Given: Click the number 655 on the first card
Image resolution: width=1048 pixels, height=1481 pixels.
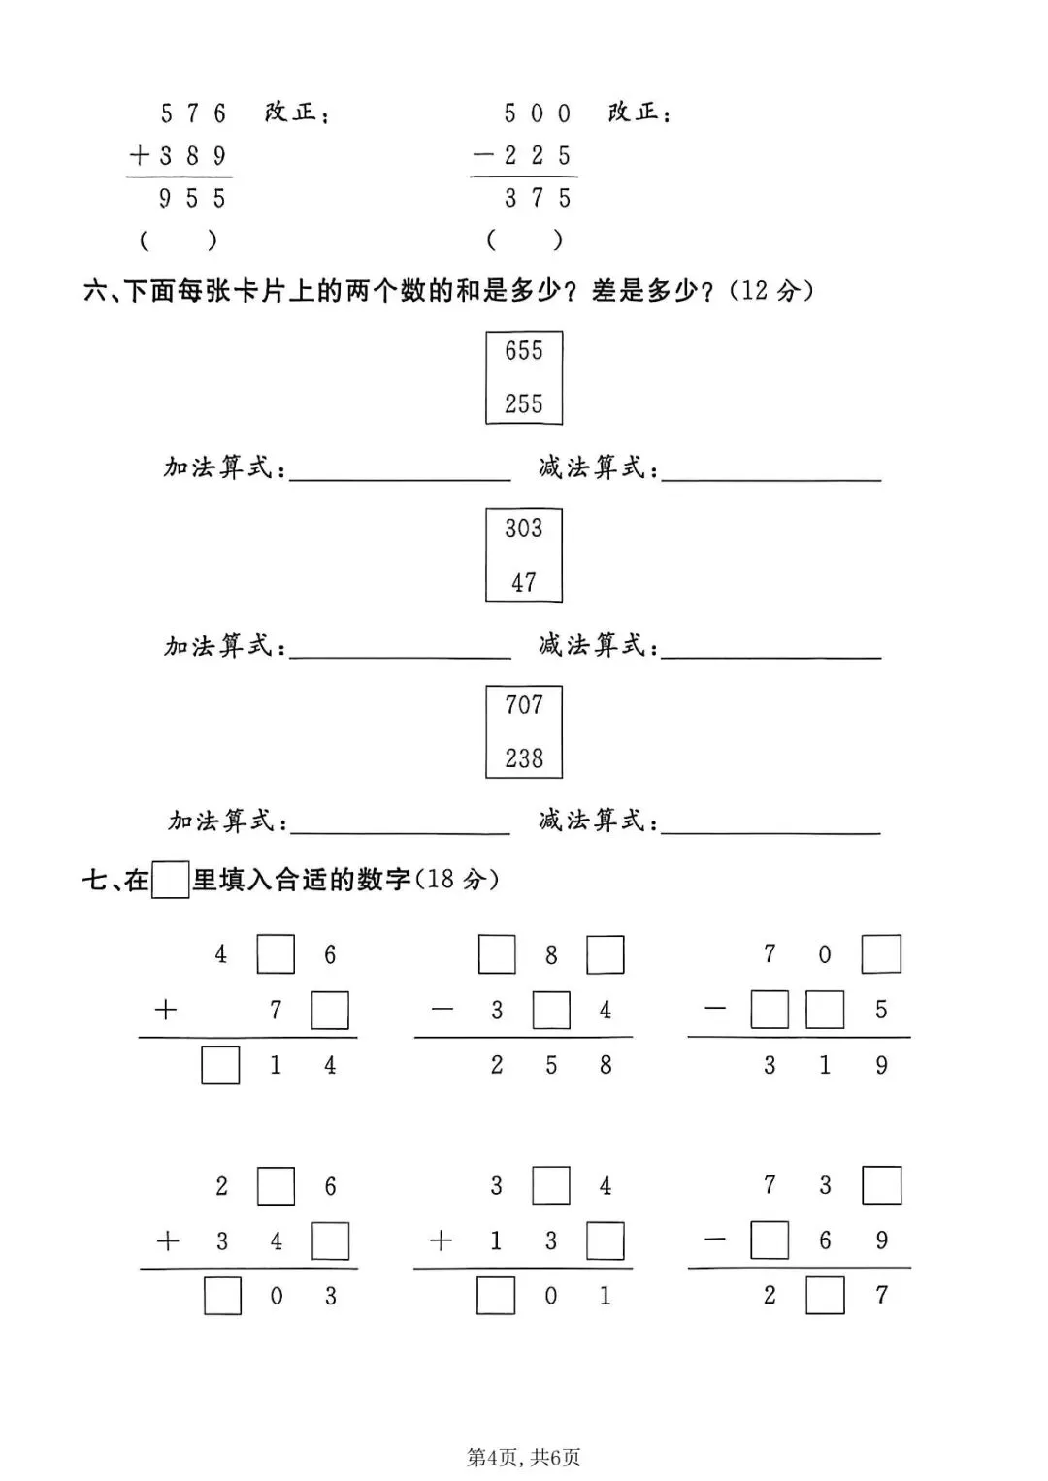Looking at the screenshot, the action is click(x=524, y=351).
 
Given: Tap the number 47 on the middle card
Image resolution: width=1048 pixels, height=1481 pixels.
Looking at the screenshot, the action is click(x=524, y=582).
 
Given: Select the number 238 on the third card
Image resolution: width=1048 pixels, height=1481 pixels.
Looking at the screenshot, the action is click(x=524, y=758).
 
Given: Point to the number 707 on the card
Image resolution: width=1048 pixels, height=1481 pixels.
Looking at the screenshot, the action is click(x=524, y=705).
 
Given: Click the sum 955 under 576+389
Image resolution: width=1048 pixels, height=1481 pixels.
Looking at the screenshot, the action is click(x=192, y=199).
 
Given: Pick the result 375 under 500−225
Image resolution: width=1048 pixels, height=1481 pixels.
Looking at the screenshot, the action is click(x=538, y=199).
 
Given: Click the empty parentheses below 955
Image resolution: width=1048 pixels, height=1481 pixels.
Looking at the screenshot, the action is click(x=178, y=240).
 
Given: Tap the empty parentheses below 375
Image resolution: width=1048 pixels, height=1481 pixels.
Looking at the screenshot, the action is click(x=524, y=240).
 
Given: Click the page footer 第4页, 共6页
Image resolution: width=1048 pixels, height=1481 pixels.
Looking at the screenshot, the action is click(x=524, y=1457).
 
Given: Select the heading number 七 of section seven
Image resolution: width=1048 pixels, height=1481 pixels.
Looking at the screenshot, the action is click(x=94, y=881).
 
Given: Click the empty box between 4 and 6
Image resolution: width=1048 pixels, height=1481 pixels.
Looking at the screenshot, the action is click(x=276, y=954).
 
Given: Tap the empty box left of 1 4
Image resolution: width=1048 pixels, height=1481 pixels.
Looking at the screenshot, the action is click(x=220, y=1066).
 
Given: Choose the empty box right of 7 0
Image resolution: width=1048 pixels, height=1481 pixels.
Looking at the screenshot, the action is click(x=881, y=954).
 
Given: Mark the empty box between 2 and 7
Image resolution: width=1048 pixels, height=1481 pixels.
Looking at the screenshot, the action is click(x=825, y=1296).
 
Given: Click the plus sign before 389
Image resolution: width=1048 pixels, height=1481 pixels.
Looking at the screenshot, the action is click(x=141, y=155).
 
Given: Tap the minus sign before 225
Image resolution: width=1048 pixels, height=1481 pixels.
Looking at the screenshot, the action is click(x=483, y=155).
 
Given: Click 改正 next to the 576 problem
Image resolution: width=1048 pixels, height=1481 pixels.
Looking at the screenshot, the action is click(x=291, y=113).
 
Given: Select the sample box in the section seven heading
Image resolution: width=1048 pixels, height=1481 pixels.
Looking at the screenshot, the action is click(x=171, y=881).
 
